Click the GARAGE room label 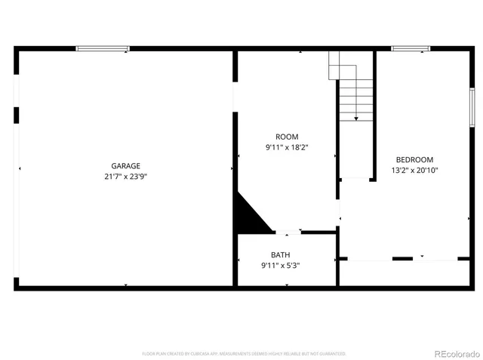125,166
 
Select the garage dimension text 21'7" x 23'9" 125,177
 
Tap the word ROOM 287,137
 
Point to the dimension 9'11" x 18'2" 287,147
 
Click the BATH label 280,255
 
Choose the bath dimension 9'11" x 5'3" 280,266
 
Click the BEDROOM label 414,159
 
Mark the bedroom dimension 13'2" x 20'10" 414,171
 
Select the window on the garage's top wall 103,49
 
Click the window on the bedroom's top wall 410,49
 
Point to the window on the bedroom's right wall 472,106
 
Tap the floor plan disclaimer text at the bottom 244,352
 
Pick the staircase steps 355,94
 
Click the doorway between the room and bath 288,232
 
